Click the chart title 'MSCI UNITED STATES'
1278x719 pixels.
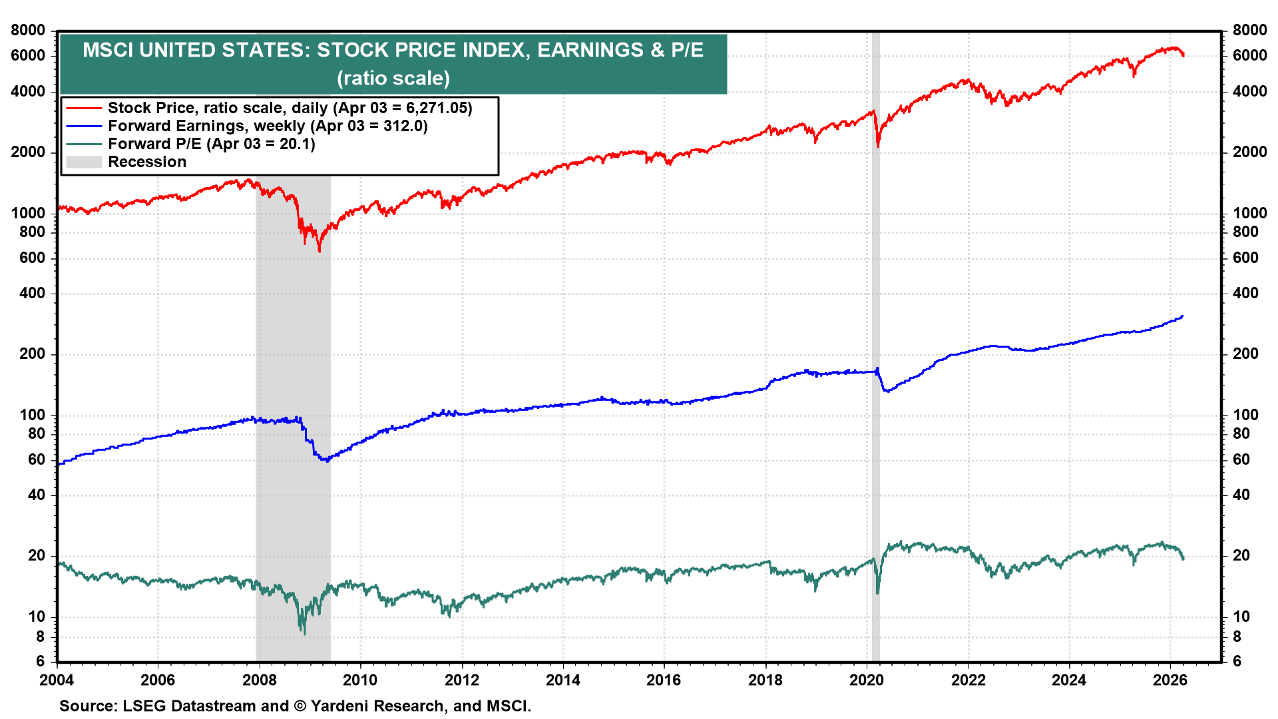tap(393, 50)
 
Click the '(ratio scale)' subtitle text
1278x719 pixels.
tap(393, 79)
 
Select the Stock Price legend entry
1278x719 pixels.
tap(290, 108)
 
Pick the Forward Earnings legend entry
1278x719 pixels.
tap(267, 126)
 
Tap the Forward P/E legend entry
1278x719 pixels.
tap(211, 144)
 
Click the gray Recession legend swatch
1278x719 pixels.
tap(84, 162)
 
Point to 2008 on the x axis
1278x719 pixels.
tap(259, 680)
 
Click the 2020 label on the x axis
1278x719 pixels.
tap(867, 680)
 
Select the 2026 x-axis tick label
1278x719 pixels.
tap(1170, 680)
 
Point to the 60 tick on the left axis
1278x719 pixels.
tap(36, 459)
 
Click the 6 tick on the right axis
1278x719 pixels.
tap(1237, 661)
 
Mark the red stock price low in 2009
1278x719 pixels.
tap(319, 251)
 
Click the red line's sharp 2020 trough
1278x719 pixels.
tap(878, 146)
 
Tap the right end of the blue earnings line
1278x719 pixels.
tap(1182, 316)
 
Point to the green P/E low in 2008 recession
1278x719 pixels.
tap(304, 633)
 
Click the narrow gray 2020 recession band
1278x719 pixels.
tap(875, 399)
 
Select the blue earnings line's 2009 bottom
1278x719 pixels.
tap(326, 461)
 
